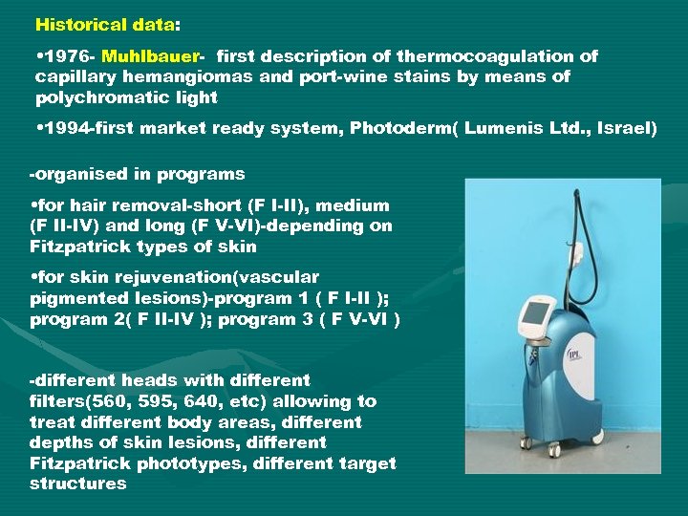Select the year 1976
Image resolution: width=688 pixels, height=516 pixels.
pos(63,56)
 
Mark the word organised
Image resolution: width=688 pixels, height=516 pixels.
pos(79,175)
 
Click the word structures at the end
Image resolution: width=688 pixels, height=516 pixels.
pos(77,484)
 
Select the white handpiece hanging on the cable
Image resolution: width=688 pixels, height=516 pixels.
pos(577,256)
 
